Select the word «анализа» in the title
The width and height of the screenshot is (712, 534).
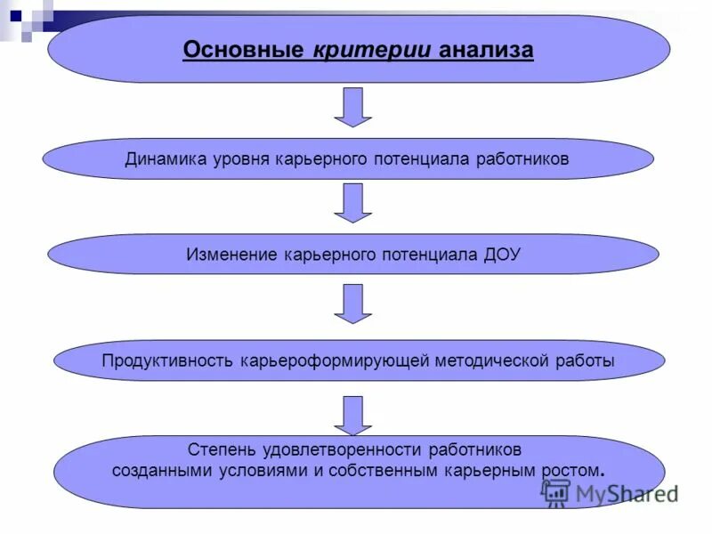pos(485,50)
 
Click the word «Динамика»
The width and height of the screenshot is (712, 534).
pos(166,159)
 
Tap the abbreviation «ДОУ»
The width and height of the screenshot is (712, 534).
pos(503,255)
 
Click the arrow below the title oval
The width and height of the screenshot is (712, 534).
pos(352,107)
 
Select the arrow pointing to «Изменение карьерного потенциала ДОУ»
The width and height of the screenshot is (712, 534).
pos(352,203)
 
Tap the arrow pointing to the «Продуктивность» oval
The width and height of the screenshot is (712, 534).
pos(352,303)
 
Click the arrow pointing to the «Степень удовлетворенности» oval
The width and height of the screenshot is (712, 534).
pos(352,415)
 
